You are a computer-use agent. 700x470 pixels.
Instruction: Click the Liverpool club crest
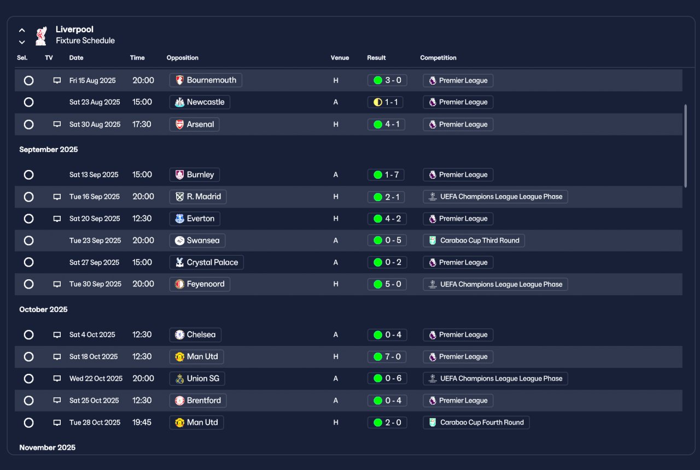41,36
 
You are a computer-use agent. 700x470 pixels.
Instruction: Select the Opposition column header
182,58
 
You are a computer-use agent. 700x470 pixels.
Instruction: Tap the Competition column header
438,58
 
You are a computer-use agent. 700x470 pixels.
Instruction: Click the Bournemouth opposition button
206,80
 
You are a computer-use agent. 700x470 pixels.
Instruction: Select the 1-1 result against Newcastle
386,102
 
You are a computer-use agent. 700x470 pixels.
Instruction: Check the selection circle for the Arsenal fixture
29,125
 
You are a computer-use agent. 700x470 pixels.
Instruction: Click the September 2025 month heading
49,150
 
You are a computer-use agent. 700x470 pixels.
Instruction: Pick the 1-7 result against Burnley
386,175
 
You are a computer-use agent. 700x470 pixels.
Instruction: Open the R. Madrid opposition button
198,197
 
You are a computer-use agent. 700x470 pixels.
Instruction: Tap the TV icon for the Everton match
57,219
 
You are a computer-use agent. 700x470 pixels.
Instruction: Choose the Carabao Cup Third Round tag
474,240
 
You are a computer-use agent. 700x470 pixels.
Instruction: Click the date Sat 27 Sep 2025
95,262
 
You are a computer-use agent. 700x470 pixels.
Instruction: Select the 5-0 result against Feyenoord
387,284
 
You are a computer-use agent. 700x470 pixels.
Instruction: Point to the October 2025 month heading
43,309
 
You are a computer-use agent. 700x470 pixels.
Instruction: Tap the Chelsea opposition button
195,335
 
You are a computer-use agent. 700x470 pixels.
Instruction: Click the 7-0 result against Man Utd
387,357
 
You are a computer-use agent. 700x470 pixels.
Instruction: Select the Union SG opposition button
197,379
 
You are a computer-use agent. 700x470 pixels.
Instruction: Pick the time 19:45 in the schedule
142,422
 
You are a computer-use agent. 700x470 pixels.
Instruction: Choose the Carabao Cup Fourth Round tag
476,422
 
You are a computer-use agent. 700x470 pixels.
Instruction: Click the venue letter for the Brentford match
336,401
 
